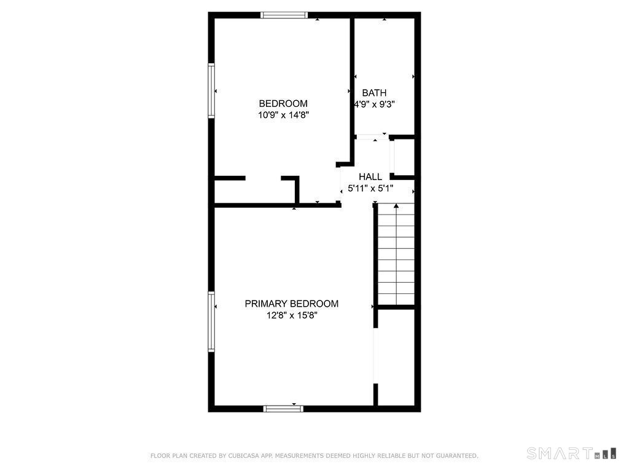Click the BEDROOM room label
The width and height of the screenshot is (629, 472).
click(283, 103)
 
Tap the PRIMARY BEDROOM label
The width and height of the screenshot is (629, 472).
click(292, 304)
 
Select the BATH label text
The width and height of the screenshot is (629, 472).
click(374, 93)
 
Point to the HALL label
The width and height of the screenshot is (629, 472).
click(370, 176)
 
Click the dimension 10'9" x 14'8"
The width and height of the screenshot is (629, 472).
click(283, 115)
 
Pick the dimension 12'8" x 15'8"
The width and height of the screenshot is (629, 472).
click(292, 315)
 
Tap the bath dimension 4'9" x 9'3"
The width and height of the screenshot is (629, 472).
click(374, 104)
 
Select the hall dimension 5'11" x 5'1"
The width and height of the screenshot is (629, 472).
click(370, 188)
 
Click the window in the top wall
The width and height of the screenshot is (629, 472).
click(284, 15)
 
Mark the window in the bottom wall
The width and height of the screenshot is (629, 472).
click(283, 409)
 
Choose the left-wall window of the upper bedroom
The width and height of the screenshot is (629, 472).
click(211, 91)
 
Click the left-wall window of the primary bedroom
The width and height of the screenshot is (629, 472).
click(211, 322)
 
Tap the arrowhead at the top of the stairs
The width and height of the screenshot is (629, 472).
click(396, 206)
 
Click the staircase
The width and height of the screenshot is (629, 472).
click(396, 254)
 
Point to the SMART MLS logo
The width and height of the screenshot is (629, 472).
click(572, 453)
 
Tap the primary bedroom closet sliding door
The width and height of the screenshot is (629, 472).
click(376, 356)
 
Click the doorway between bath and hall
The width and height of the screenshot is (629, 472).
click(372, 137)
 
